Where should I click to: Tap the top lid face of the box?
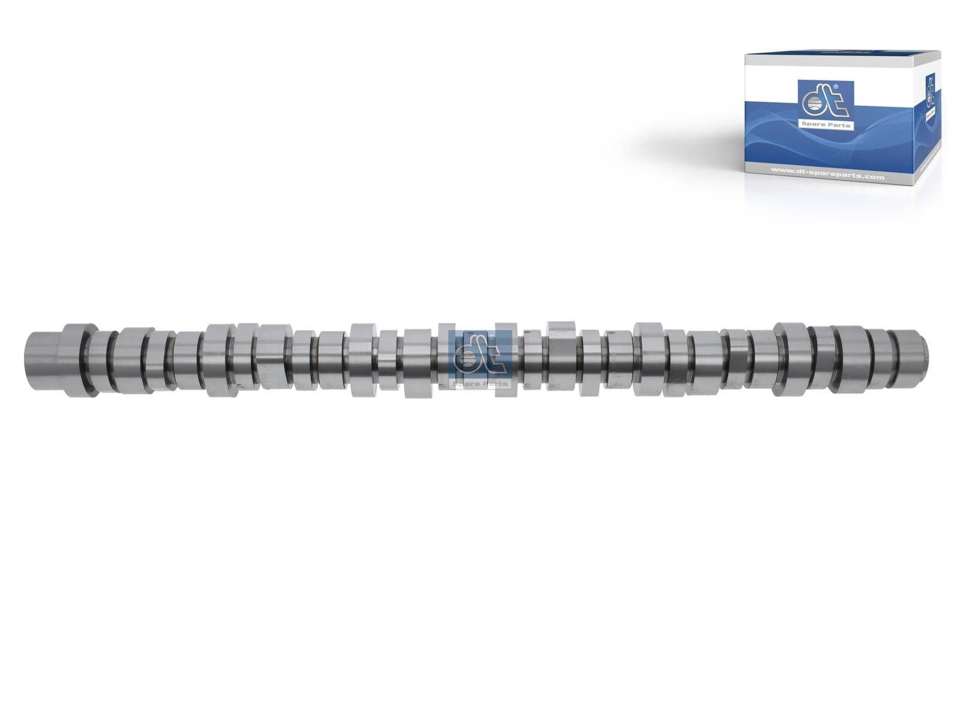tap(840, 59)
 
